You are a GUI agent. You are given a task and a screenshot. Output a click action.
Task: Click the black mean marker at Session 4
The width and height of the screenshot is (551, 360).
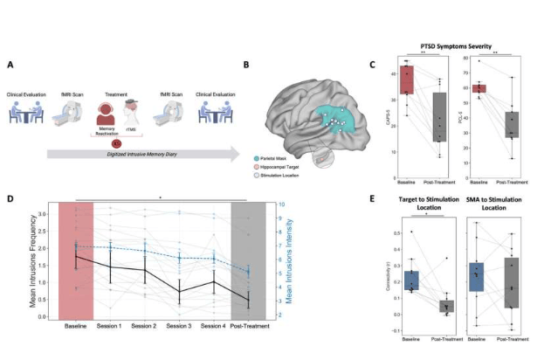(210, 282)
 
